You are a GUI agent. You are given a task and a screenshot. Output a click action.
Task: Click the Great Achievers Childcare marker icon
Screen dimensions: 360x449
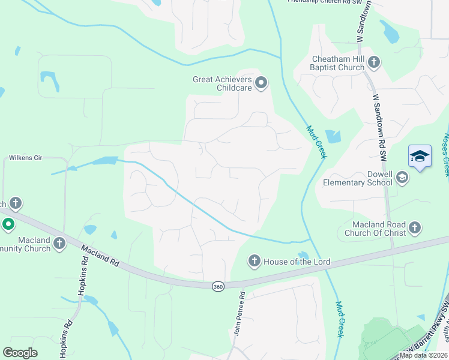[261, 83]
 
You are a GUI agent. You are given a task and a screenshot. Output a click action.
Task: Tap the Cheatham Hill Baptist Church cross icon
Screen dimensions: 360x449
[374, 62]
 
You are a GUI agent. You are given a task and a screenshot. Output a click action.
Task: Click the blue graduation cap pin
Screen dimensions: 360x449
[420, 157]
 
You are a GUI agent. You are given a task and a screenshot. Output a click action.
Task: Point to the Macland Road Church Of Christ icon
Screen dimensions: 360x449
[415, 228]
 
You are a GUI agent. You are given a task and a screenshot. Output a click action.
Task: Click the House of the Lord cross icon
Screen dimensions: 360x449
[254, 261]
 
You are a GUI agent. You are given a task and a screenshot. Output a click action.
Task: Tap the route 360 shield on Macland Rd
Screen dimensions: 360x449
[217, 287]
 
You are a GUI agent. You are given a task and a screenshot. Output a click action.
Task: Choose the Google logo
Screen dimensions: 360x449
[20, 353]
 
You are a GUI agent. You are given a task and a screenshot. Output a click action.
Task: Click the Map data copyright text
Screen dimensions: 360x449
[424, 355]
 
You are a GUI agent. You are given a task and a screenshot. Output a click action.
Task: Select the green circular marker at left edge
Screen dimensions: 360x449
[8, 225]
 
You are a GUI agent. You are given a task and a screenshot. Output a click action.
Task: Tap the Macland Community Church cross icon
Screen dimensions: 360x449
[59, 243]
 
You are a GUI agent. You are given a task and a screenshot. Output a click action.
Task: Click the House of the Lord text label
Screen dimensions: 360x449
[297, 262]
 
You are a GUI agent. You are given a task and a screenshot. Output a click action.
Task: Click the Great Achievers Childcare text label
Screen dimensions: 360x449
[221, 83]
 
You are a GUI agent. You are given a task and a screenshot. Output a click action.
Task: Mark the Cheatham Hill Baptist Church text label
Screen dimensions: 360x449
[338, 63]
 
